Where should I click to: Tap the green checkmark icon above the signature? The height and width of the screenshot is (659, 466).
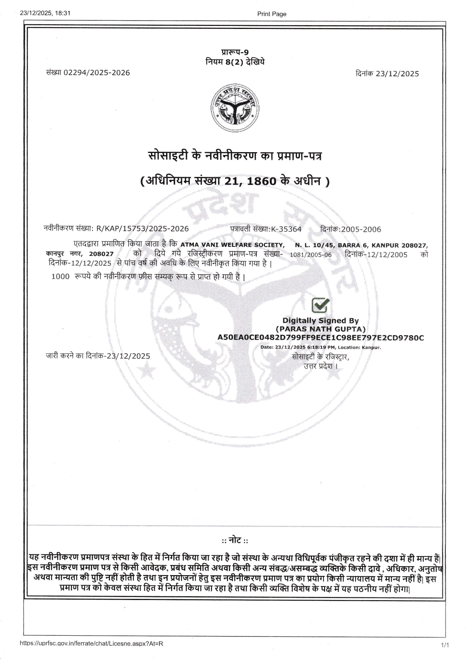coord(321,305)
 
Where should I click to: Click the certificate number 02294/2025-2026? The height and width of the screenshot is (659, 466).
coord(97,73)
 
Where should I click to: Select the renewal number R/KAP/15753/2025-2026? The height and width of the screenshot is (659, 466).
coord(143,229)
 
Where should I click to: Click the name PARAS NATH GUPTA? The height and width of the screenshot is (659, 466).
coord(321,329)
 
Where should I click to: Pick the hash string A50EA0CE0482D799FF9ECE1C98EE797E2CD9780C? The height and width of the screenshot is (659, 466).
coord(321,337)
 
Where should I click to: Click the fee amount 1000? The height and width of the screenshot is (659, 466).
coord(60,277)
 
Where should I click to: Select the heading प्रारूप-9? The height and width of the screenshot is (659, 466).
coord(235,53)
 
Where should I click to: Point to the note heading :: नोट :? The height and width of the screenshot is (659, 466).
coord(235,541)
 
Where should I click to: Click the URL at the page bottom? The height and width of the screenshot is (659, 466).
coord(91,643)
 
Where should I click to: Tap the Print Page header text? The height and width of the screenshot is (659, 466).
coord(271,14)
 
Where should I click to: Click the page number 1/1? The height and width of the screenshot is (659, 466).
coord(445,645)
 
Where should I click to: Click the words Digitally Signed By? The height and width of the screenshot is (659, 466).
coord(321,320)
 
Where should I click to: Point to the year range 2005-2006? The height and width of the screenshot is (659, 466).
coord(361,229)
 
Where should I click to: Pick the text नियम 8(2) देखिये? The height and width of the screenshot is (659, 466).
coord(235,62)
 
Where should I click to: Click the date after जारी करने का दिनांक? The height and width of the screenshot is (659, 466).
coord(128,356)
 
